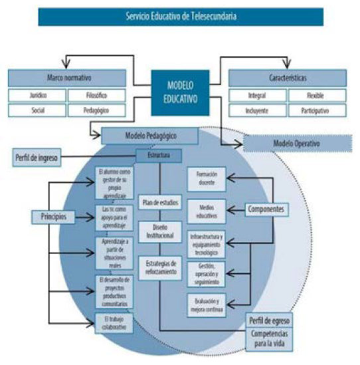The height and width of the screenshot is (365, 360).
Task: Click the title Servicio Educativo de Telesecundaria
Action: [x=180, y=16]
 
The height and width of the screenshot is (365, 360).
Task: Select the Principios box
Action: [x=52, y=217]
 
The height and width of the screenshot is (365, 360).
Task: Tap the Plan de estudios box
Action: [x=159, y=201]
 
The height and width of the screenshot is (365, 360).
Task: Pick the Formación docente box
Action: [x=206, y=178]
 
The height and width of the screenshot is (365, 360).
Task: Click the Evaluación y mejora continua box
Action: [x=206, y=305]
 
